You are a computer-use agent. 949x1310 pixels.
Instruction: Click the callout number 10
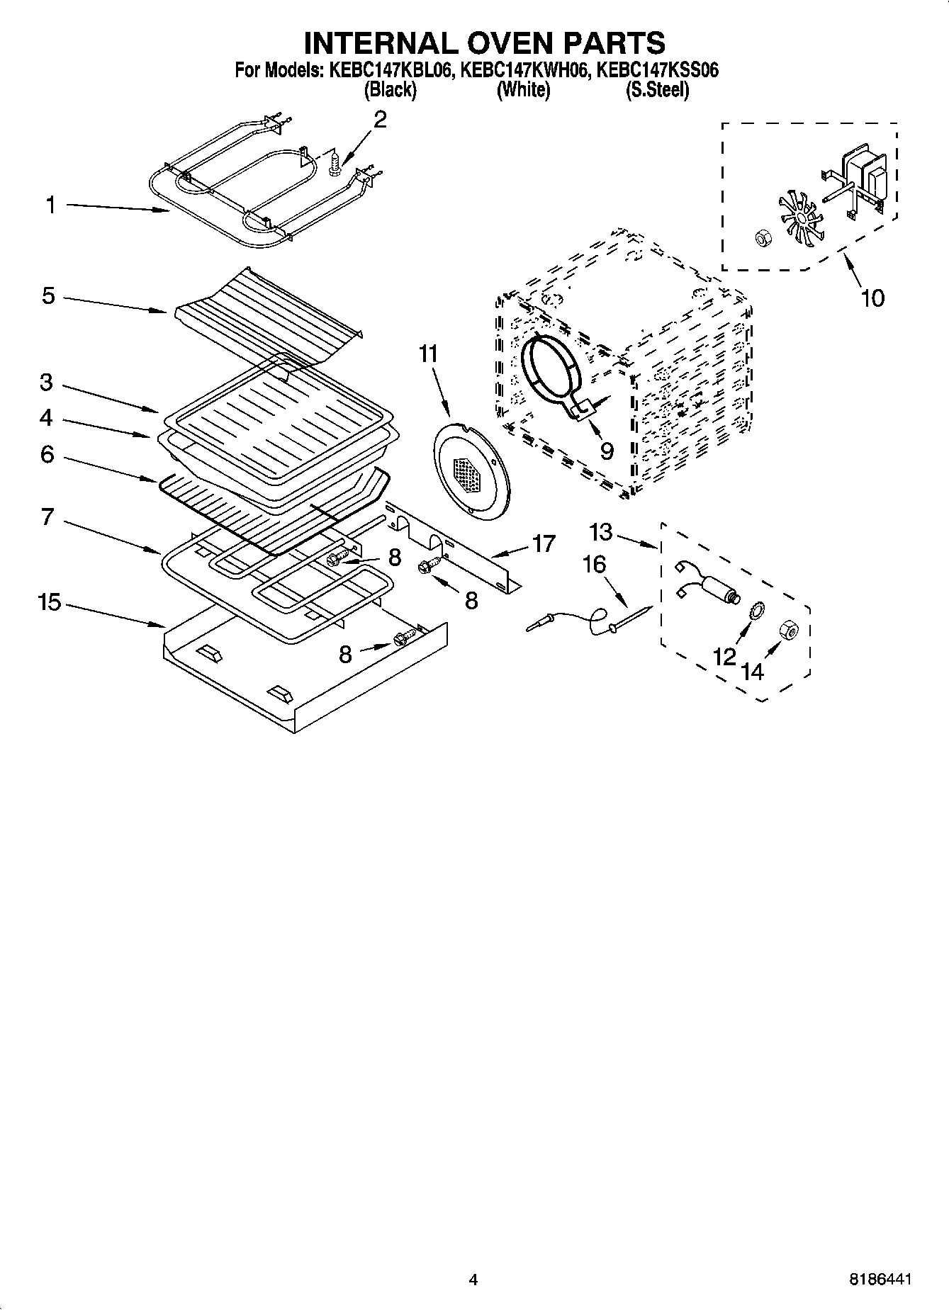click(872, 298)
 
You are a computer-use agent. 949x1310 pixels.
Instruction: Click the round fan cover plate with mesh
click(470, 470)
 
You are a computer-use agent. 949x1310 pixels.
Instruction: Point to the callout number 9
click(607, 451)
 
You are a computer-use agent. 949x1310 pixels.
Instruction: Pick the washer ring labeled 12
click(756, 609)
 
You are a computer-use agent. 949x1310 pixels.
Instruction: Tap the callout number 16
click(594, 564)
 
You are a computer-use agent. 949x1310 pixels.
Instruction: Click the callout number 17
click(544, 544)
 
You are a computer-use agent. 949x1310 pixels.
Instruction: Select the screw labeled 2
click(336, 166)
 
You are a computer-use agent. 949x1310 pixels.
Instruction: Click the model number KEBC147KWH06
click(524, 70)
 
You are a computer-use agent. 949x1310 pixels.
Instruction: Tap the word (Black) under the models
click(389, 90)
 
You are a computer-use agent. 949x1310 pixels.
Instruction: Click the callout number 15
click(50, 603)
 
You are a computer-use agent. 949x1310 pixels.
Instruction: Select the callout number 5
click(48, 295)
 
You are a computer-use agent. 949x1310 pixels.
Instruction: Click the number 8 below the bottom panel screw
click(345, 655)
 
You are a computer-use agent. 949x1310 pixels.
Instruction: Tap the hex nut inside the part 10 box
click(763, 238)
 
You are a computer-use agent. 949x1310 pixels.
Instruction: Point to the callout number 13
click(600, 531)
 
